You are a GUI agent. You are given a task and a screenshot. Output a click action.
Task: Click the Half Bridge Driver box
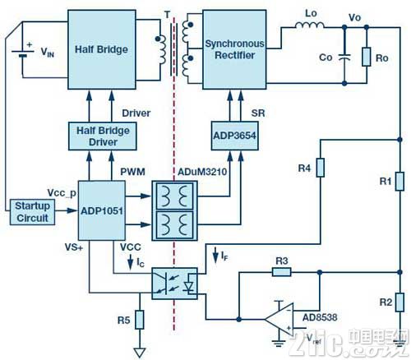[103, 136]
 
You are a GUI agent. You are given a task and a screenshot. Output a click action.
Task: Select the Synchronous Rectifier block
[234, 49]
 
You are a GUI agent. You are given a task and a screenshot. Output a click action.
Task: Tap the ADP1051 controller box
[102, 210]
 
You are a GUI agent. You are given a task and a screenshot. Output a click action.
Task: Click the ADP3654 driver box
[235, 136]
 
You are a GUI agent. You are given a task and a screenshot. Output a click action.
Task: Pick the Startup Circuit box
[32, 212]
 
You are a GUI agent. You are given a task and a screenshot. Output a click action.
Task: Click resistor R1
[399, 181]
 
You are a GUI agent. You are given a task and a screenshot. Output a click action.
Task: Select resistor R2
[399, 302]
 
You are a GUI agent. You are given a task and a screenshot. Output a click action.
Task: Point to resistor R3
[282, 272]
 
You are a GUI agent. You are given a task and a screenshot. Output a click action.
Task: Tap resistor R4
[321, 168]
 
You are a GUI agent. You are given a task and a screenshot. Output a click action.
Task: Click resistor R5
[140, 320]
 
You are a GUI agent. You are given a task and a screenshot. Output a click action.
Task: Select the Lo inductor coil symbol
[310, 25]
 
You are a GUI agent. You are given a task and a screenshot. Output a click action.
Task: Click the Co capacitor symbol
[344, 58]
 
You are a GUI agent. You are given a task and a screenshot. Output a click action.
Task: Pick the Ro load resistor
[367, 57]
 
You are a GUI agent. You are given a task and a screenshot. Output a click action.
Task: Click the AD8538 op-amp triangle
[279, 319]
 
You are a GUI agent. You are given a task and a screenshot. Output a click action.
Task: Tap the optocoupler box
[174, 284]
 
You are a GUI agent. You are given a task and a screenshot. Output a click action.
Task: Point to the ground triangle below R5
[140, 353]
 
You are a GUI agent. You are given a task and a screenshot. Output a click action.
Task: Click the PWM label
[133, 172]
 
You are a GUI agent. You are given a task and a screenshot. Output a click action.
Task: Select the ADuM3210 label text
[202, 172]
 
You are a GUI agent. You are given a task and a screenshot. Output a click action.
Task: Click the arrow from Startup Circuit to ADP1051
[66, 210]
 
